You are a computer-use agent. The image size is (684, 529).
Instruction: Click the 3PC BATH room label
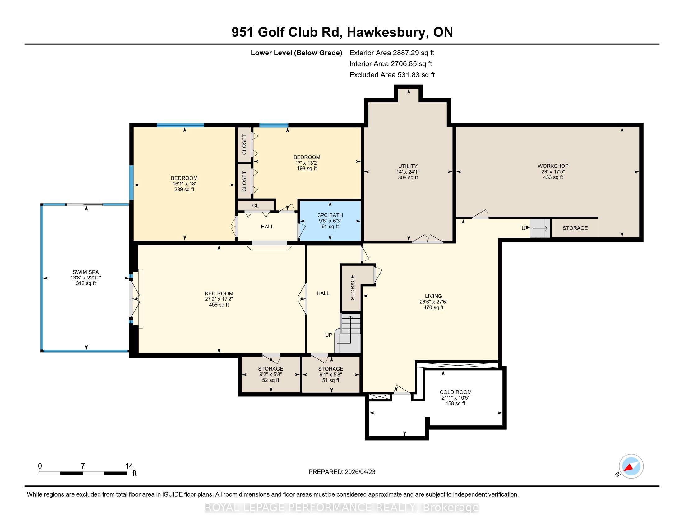pyautogui.click(x=330, y=215)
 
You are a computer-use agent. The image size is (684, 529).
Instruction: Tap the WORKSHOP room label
pyautogui.click(x=553, y=166)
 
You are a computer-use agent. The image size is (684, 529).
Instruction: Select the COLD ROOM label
pyautogui.click(x=455, y=392)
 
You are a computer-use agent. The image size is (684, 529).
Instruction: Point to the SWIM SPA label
pyautogui.click(x=86, y=272)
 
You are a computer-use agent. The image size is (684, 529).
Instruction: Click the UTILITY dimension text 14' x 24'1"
pyautogui.click(x=408, y=172)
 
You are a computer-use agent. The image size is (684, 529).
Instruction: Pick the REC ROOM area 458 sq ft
pyautogui.click(x=219, y=305)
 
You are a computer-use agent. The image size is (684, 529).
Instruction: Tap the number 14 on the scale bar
pyautogui.click(x=129, y=466)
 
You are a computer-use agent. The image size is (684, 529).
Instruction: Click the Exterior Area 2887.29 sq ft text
pyautogui.click(x=392, y=53)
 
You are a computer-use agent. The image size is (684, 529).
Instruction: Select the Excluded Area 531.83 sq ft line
pyautogui.click(x=392, y=75)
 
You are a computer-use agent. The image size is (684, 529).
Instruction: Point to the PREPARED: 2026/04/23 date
pyautogui.click(x=342, y=472)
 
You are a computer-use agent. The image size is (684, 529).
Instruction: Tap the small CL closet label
pyautogui.click(x=256, y=206)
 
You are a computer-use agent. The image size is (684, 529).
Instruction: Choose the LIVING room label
pyautogui.click(x=433, y=296)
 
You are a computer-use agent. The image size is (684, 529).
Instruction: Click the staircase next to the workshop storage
pyautogui.click(x=540, y=228)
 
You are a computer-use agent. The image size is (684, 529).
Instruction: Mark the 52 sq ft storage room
pyautogui.click(x=270, y=374)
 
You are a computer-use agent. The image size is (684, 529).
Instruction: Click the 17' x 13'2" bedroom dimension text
pyautogui.click(x=307, y=163)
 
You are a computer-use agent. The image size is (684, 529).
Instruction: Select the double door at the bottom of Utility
pyautogui.click(x=427, y=239)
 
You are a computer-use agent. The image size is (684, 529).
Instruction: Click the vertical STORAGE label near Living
pyautogui.click(x=353, y=288)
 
